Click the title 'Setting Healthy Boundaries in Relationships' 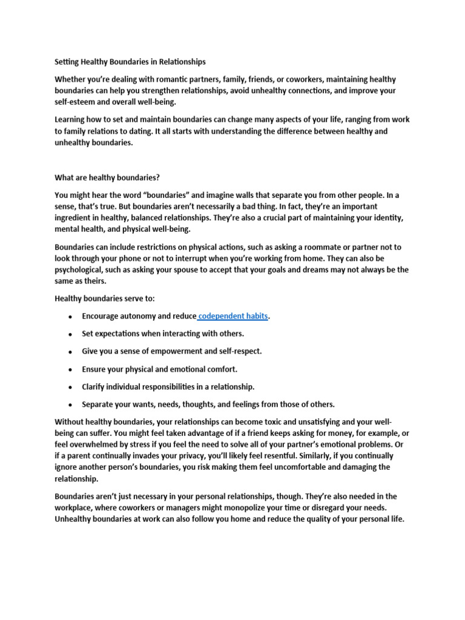pos(130,62)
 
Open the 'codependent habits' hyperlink pos(234,317)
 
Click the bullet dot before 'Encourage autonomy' pos(70,317)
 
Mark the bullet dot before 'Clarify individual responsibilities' pos(70,387)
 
